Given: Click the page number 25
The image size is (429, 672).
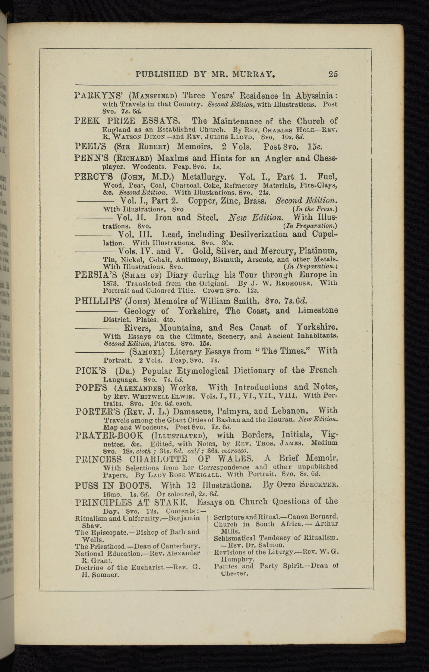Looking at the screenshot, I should coord(333,74).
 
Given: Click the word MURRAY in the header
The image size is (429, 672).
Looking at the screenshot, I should coord(254,74).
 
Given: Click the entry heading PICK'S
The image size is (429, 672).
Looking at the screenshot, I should coord(91,371).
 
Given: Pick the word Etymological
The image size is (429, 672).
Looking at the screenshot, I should coord(199,371).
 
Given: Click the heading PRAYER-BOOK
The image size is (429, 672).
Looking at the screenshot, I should coord(109,435).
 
